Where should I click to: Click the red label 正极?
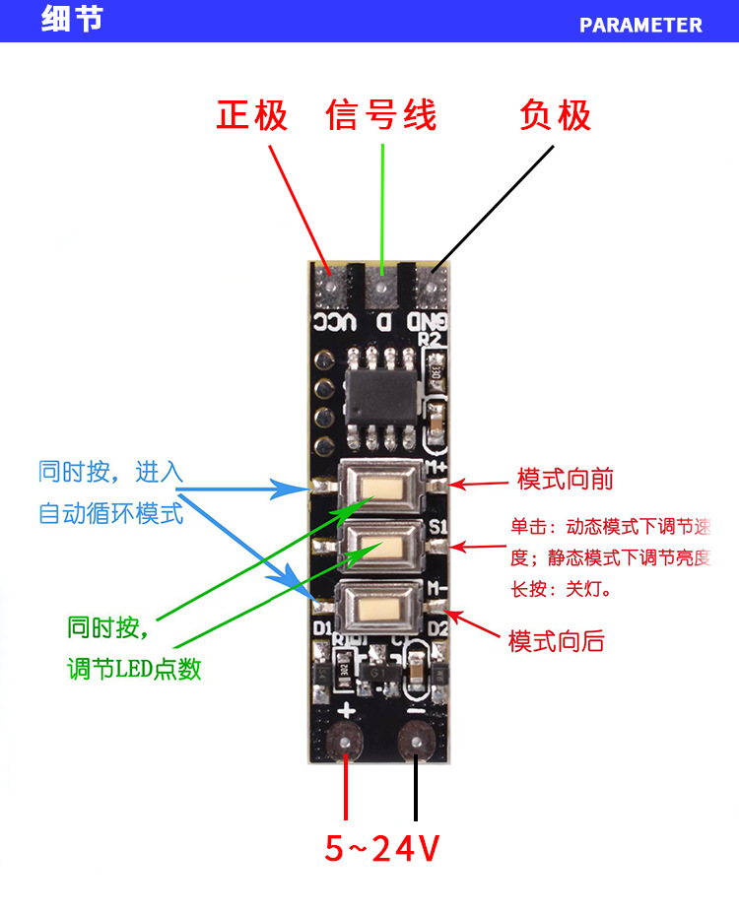click(252, 116)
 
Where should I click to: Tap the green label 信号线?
click(380, 116)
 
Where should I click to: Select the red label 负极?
click(555, 116)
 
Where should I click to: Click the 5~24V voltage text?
click(382, 847)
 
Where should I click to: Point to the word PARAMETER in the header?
click(640, 25)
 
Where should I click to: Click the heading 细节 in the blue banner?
click(71, 21)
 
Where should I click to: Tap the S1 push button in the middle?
click(380, 545)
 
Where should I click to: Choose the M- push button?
click(380, 602)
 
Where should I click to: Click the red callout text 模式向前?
click(566, 480)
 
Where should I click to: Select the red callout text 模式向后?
click(556, 642)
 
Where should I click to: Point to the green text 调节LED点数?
click(134, 669)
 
